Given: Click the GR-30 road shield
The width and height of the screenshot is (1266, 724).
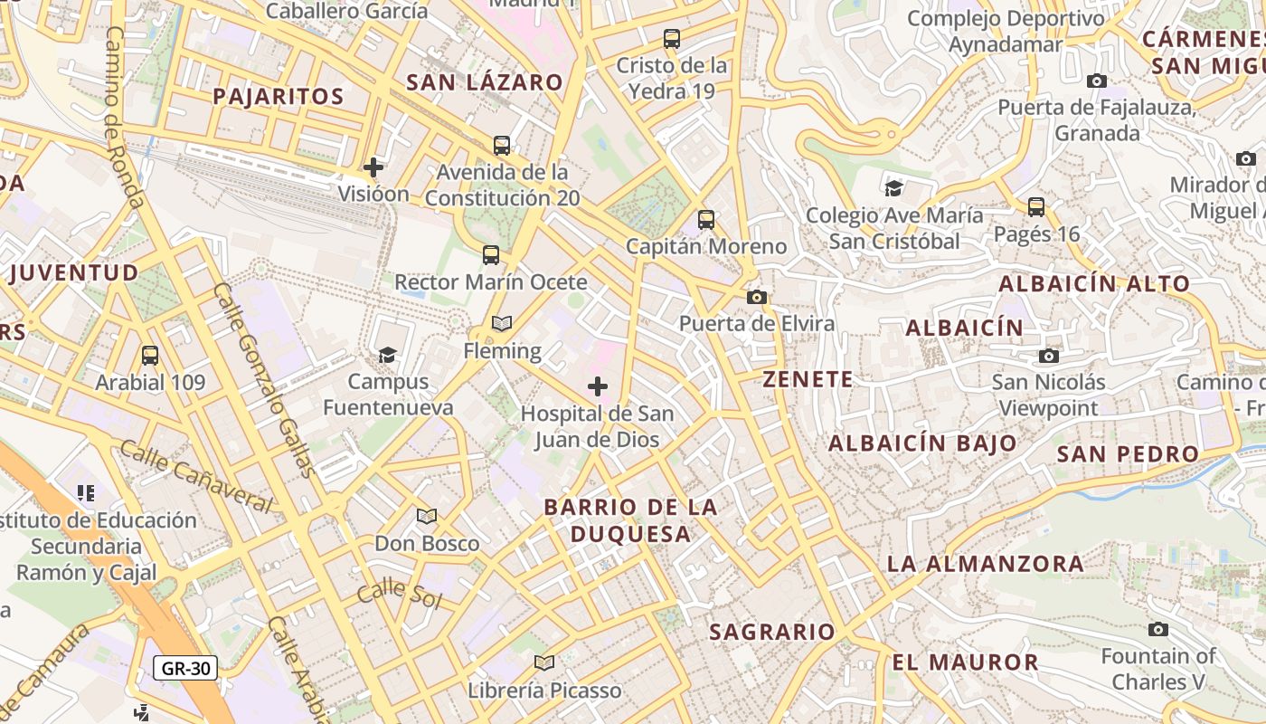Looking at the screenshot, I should click(185, 669).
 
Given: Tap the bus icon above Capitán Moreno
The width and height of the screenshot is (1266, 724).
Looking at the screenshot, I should click(706, 220).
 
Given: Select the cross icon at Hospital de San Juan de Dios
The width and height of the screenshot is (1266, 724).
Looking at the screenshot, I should click(598, 387).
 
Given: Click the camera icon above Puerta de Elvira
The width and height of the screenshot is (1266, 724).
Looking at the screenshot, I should click(757, 297).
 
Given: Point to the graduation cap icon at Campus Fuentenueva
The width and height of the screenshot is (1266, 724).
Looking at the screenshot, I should click(388, 355).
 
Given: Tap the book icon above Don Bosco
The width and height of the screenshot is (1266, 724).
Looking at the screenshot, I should click(427, 517).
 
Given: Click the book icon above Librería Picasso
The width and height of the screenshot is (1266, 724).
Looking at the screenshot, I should click(544, 663).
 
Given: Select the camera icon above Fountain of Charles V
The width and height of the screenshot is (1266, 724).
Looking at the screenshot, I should click(1158, 629).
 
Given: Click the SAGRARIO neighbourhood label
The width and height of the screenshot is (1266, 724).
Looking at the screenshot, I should click(771, 632).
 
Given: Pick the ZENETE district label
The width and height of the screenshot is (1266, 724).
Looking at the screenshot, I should click(808, 379).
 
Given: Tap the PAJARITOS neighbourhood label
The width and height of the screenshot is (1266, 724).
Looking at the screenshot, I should click(279, 97).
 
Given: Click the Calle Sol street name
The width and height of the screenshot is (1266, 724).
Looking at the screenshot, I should click(398, 595).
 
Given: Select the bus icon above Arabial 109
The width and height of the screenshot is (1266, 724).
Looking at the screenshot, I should click(150, 356).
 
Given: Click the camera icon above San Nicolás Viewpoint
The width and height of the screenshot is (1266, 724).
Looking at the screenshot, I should click(1049, 356).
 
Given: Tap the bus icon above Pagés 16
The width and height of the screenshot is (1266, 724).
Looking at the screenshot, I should click(1036, 207).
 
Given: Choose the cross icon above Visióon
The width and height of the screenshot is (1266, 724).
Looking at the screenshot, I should click(373, 167).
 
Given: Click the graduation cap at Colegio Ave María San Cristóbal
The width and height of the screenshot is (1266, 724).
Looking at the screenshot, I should click(893, 188).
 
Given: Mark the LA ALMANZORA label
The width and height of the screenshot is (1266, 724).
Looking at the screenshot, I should click(985, 564).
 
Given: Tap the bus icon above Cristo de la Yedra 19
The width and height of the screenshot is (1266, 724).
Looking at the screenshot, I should click(672, 39).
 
